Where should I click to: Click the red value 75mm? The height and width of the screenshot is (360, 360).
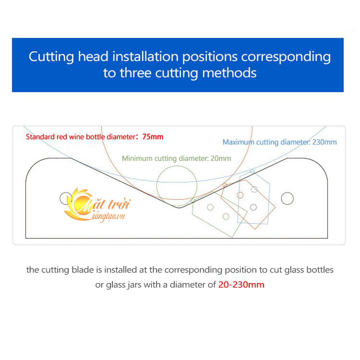153,137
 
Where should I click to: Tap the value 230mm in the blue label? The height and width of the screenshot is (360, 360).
324,142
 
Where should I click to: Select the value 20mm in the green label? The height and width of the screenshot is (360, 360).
221,158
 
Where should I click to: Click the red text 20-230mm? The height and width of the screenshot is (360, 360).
241,285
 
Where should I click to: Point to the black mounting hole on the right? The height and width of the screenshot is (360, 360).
287,198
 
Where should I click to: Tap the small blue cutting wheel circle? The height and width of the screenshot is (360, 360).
252,171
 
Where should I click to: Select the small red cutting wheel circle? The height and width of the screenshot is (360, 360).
225,185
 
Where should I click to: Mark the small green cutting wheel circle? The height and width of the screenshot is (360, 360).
193,201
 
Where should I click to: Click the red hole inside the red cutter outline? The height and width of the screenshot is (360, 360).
240,195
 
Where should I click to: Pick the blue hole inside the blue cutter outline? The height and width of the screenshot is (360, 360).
255,189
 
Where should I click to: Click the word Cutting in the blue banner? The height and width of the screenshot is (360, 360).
51,57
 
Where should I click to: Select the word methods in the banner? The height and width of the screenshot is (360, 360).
229,73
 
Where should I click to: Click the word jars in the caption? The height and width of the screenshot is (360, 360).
135,285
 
